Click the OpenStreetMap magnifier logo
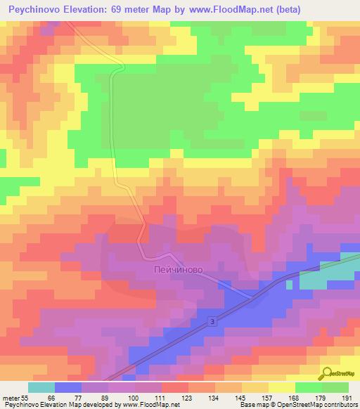328,374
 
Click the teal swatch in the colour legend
41,387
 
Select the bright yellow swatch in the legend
282,387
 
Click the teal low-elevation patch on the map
320,278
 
